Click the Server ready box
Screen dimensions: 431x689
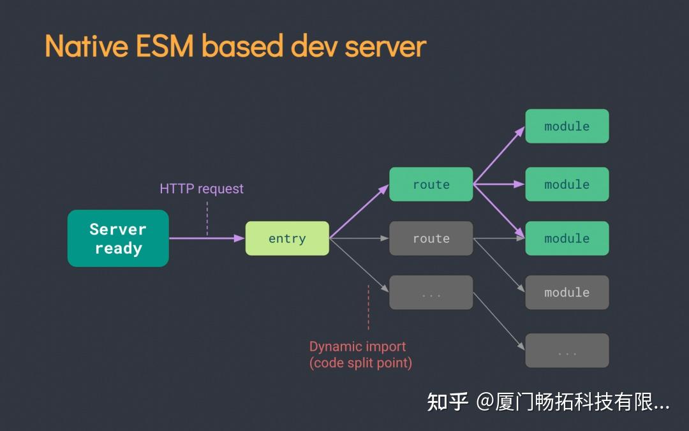click(x=118, y=238)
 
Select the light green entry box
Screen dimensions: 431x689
click(x=287, y=238)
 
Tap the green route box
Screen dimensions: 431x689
click(x=431, y=184)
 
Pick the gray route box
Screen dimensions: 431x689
click(x=431, y=238)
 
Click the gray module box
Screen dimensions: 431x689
click(x=567, y=293)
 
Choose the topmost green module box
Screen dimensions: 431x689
click(x=567, y=126)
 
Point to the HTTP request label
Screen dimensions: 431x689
click(x=202, y=189)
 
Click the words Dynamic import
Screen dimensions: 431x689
click(x=357, y=347)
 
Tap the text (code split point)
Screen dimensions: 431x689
click(x=360, y=363)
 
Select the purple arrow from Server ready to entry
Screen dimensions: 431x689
click(x=207, y=238)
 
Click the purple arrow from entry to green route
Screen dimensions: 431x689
click(x=359, y=210)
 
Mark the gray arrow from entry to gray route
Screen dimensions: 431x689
click(x=359, y=238)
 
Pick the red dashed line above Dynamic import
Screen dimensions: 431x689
click(x=368, y=307)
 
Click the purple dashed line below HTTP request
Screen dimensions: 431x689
click(x=207, y=218)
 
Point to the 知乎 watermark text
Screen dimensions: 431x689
click(x=447, y=402)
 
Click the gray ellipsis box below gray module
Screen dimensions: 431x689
click(x=567, y=351)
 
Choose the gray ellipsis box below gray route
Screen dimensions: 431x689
click(x=431, y=293)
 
